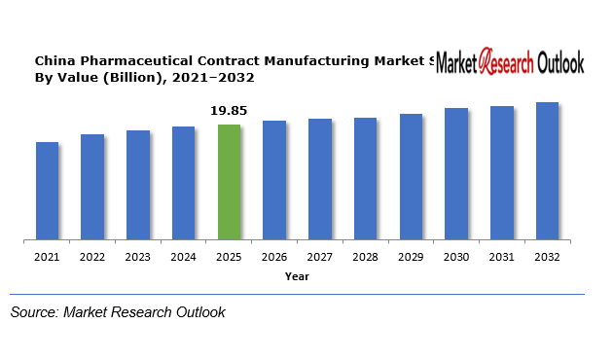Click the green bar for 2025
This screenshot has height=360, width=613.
pos(229,182)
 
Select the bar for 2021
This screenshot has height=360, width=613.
pos(48,191)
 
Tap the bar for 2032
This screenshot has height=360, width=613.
pos(547,170)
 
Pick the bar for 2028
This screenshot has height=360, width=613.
pos(365,178)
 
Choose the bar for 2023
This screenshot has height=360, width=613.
pos(138,185)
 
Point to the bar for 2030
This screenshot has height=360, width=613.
pos(456,173)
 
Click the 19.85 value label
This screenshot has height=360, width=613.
pos(230,111)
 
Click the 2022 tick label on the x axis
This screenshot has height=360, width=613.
pos(92,257)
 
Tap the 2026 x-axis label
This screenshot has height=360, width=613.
pos(274,257)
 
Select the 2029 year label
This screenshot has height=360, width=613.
pos(411,257)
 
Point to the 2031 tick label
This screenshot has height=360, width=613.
pos(501,257)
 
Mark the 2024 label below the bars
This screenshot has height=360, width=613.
pos(184,257)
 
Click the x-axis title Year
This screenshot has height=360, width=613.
pos(297,276)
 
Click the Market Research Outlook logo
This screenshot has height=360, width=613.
pos(510,64)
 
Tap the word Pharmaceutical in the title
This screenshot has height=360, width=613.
pos(133,60)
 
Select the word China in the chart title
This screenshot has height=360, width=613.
pos(54,60)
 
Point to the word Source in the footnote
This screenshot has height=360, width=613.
pos(33,312)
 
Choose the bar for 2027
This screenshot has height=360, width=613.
pos(320,179)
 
